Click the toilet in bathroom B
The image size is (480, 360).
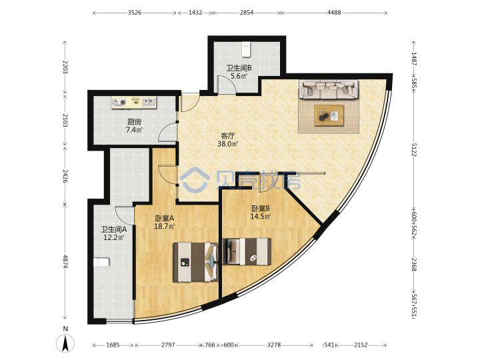[246, 49]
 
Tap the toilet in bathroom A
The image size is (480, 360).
[101, 263]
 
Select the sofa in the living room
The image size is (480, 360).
[329, 89]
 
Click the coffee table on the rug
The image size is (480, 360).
[329, 115]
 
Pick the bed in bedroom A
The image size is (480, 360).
[195, 262]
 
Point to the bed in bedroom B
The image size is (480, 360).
[247, 251]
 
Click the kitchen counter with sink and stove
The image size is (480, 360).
[134, 102]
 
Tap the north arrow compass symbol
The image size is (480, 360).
[65, 343]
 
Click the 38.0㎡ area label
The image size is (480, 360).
[228, 143]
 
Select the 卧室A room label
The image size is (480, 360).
[165, 218]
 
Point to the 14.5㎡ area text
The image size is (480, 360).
[261, 217]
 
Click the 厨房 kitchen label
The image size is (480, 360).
[135, 122]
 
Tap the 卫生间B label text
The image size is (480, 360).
[239, 67]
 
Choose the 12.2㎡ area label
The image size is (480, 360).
[114, 237]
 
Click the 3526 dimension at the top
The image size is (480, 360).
[135, 13]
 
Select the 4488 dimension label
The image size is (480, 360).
[334, 13]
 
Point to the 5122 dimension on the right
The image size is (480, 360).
[413, 150]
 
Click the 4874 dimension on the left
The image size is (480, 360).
[65, 262]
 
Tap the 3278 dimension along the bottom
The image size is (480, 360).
[274, 345]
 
